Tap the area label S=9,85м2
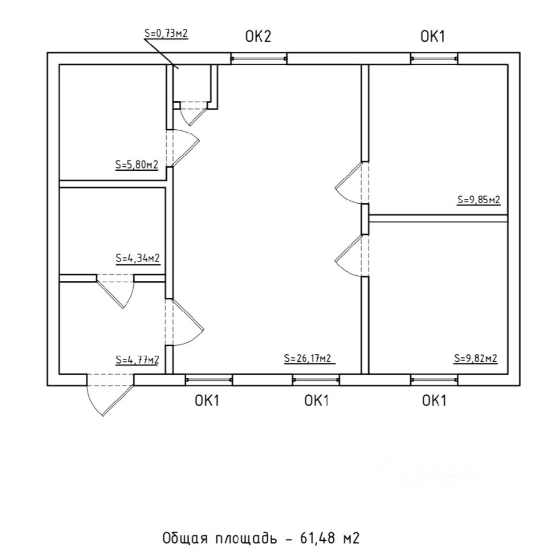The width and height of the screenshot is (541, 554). (x=479, y=200)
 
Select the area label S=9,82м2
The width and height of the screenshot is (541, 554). (x=476, y=358)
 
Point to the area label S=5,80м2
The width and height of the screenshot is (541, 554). (x=137, y=164)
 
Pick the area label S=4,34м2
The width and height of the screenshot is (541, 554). (x=137, y=258)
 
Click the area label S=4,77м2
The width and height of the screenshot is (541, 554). (x=137, y=360)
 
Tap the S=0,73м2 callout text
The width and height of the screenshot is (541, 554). (x=166, y=33)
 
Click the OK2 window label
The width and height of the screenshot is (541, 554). (x=258, y=38)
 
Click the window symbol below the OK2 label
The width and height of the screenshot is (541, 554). (x=259, y=58)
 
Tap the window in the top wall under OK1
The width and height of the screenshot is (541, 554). (x=434, y=58)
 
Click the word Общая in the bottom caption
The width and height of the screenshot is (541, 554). (x=181, y=538)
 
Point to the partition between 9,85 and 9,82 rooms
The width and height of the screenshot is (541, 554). (x=438, y=218)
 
